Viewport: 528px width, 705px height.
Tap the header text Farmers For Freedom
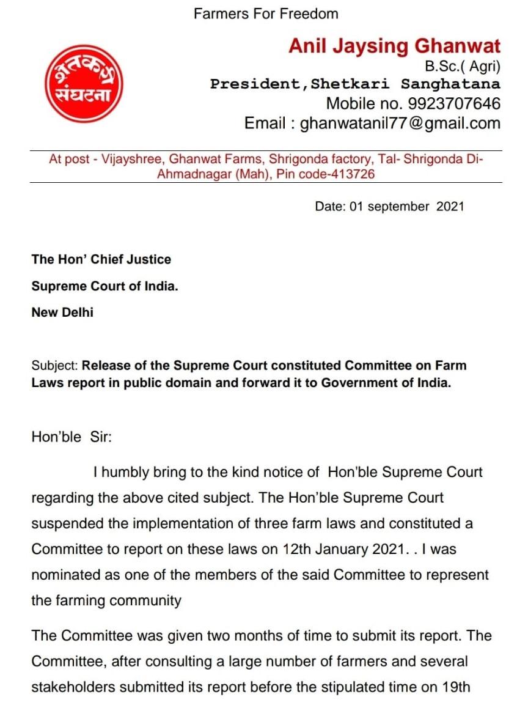point(266,13)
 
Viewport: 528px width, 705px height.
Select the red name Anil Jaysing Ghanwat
point(394,46)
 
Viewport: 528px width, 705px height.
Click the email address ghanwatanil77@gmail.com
point(400,123)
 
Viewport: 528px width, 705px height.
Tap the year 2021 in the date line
point(450,206)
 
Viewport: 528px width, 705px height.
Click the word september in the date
point(397,206)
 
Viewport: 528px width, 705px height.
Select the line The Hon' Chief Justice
point(101,259)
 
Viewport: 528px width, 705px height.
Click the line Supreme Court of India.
point(105,286)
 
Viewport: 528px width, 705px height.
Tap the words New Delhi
point(62,312)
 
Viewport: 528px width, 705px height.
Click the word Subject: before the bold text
point(54,366)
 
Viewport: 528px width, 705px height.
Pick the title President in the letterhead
point(254,84)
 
